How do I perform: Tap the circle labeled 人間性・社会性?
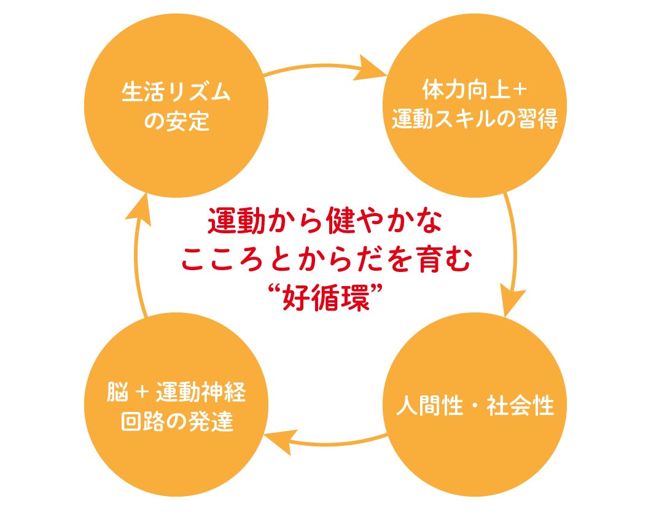coord(475,405)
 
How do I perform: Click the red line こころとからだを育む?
coord(326,260)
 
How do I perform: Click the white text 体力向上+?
coord(475,91)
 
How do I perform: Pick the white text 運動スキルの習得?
coord(475,118)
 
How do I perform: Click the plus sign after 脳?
coord(141,392)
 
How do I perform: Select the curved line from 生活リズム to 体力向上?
coord(313,61)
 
